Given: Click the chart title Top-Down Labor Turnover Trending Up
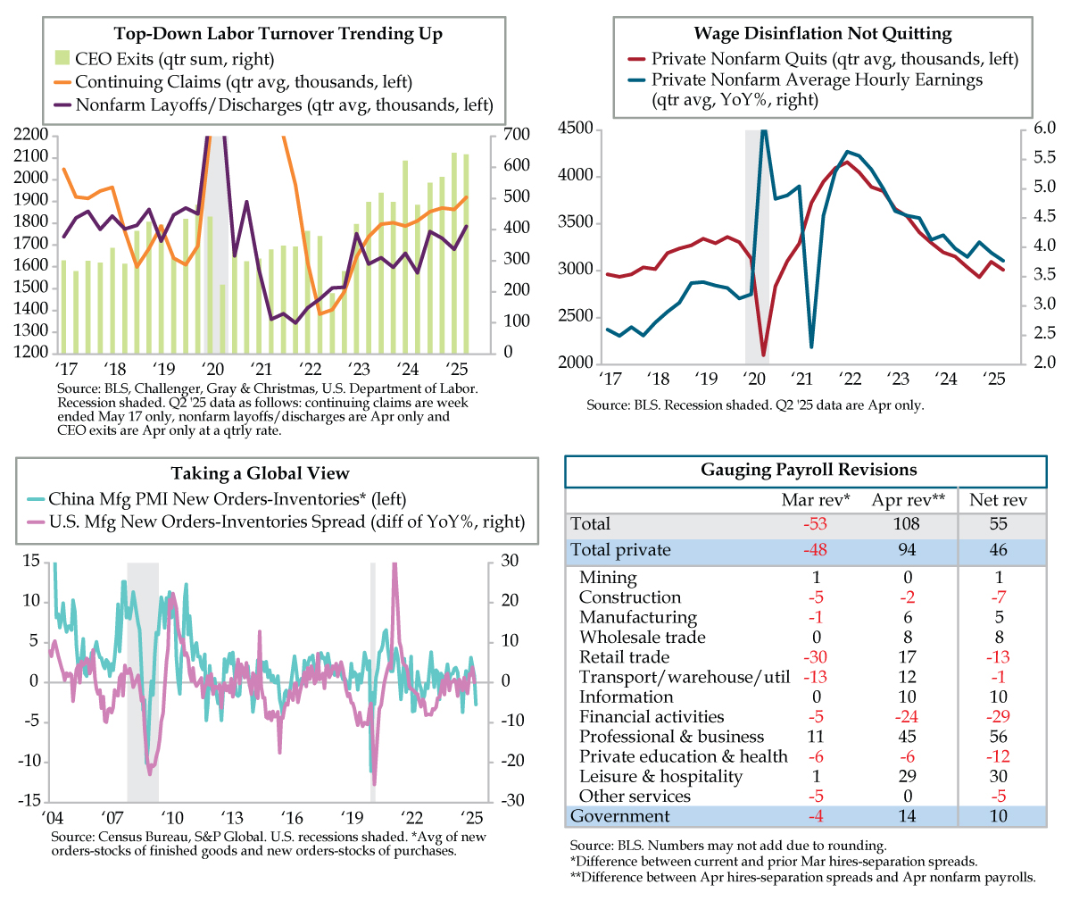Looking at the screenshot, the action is pos(278,34).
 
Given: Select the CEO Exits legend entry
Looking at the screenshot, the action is pos(164,59).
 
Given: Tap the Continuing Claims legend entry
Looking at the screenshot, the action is pos(233,81).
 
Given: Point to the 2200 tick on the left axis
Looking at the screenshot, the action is pos(30,135).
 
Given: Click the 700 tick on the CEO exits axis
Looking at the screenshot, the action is pos(516,135).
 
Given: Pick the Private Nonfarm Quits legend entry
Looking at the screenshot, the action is pos(823,59).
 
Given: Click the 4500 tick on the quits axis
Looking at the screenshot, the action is pos(575,129).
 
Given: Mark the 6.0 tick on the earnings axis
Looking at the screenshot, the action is pos(1044,129).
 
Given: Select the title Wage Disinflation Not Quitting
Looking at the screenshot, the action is pos(823,33).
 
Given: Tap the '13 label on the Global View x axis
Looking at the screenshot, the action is pos(232,817).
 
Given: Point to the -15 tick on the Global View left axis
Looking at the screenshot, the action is pos(29,800).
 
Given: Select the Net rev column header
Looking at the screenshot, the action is pos(998,500).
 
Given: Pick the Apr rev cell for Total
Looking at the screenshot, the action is pos(907,524).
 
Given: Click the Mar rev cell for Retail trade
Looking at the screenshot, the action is pos(815,656).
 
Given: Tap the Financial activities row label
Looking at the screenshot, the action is pos(652,716).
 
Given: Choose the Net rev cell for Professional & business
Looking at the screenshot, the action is pos(998,737).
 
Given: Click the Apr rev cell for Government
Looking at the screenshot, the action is pos(907,816).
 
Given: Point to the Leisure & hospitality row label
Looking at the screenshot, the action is pos(660,776).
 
